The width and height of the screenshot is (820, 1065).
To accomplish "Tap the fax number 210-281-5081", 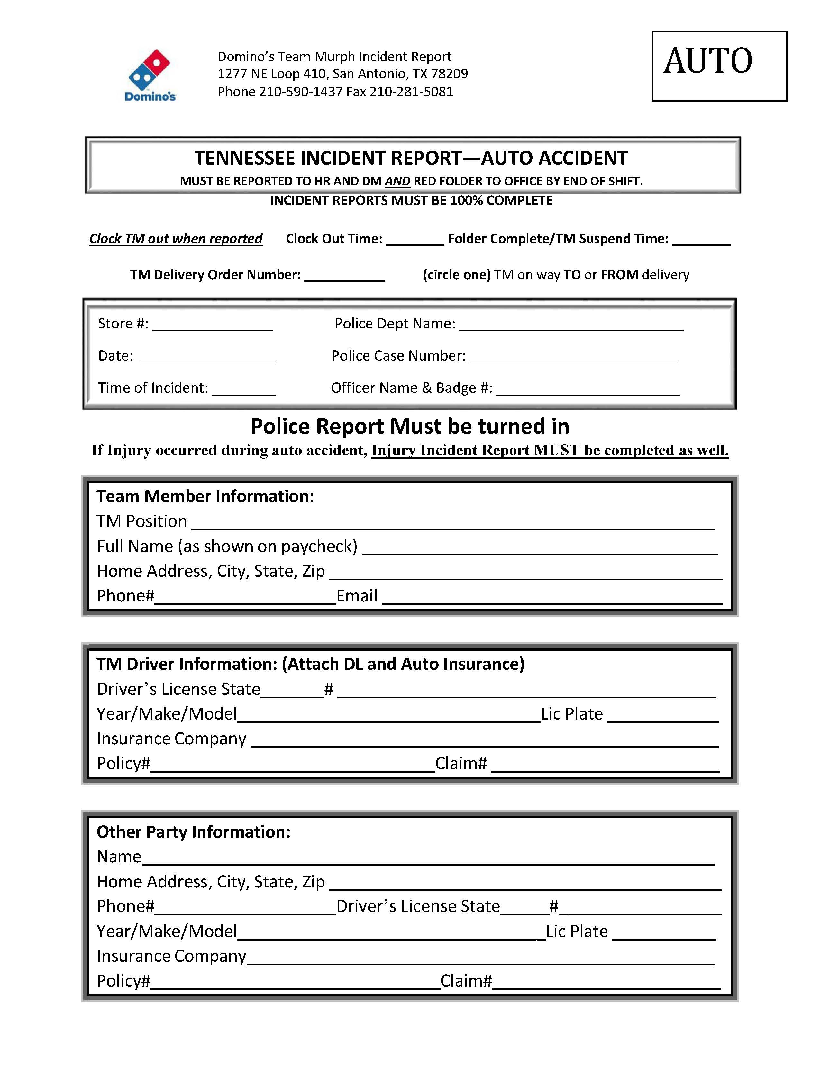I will click(x=411, y=92).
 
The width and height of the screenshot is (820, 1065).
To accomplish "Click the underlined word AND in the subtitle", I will click(x=397, y=181).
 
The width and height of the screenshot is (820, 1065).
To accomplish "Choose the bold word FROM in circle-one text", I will click(x=619, y=275).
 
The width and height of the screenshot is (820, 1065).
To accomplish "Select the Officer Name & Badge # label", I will click(x=412, y=388).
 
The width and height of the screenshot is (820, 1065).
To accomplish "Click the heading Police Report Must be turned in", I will click(x=409, y=426).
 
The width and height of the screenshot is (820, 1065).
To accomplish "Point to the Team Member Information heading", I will click(x=205, y=496).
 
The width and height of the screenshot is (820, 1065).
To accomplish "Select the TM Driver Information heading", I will click(x=310, y=664).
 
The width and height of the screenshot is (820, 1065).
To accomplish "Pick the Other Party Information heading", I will click(x=194, y=832).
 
